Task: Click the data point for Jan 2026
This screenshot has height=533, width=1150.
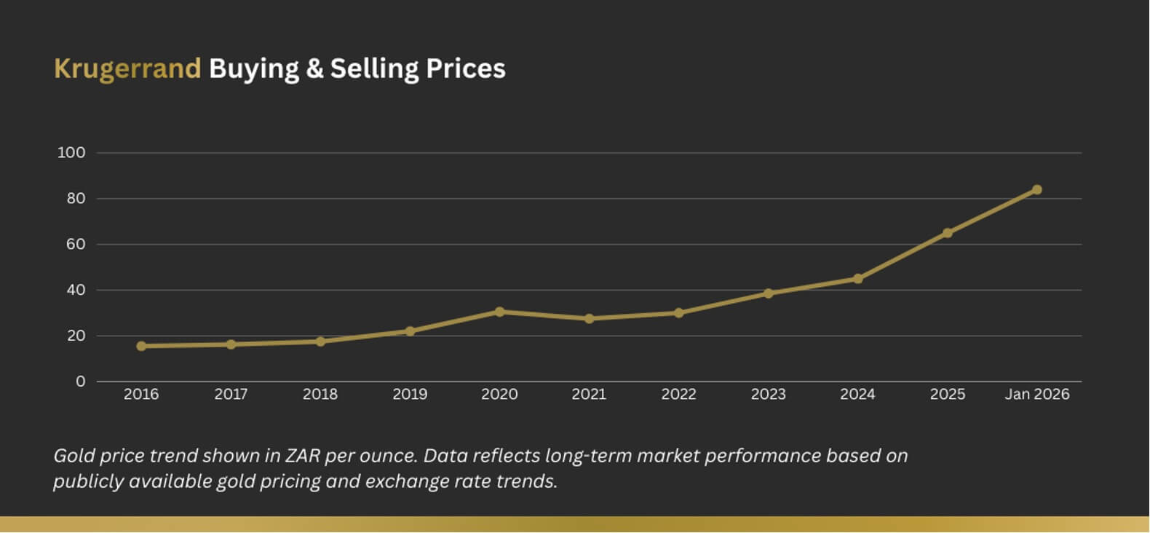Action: [1036, 190]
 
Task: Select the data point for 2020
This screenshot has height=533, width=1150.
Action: [499, 312]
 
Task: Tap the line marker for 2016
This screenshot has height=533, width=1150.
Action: [141, 346]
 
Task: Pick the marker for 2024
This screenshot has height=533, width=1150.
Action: [857, 279]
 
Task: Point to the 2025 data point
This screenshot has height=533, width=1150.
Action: [947, 233]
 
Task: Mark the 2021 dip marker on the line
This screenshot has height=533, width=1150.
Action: [589, 318]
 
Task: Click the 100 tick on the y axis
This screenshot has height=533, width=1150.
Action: [71, 153]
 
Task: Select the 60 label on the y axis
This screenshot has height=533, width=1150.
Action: [76, 245]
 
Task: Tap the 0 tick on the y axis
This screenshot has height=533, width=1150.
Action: [80, 382]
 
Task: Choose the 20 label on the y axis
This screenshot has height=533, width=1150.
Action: [76, 336]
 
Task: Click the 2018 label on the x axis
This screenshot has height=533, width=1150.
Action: [320, 394]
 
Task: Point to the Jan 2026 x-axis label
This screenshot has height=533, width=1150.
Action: [1036, 394]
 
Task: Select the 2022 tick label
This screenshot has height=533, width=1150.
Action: [678, 394]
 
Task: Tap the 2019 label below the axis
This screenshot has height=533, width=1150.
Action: [410, 394]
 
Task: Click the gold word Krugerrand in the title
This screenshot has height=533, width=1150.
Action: [127, 68]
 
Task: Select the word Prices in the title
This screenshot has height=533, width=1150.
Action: [465, 68]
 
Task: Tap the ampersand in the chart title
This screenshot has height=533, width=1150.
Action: [314, 68]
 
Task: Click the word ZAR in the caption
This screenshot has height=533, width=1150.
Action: [303, 456]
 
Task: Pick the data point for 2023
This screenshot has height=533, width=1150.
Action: [768, 293]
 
